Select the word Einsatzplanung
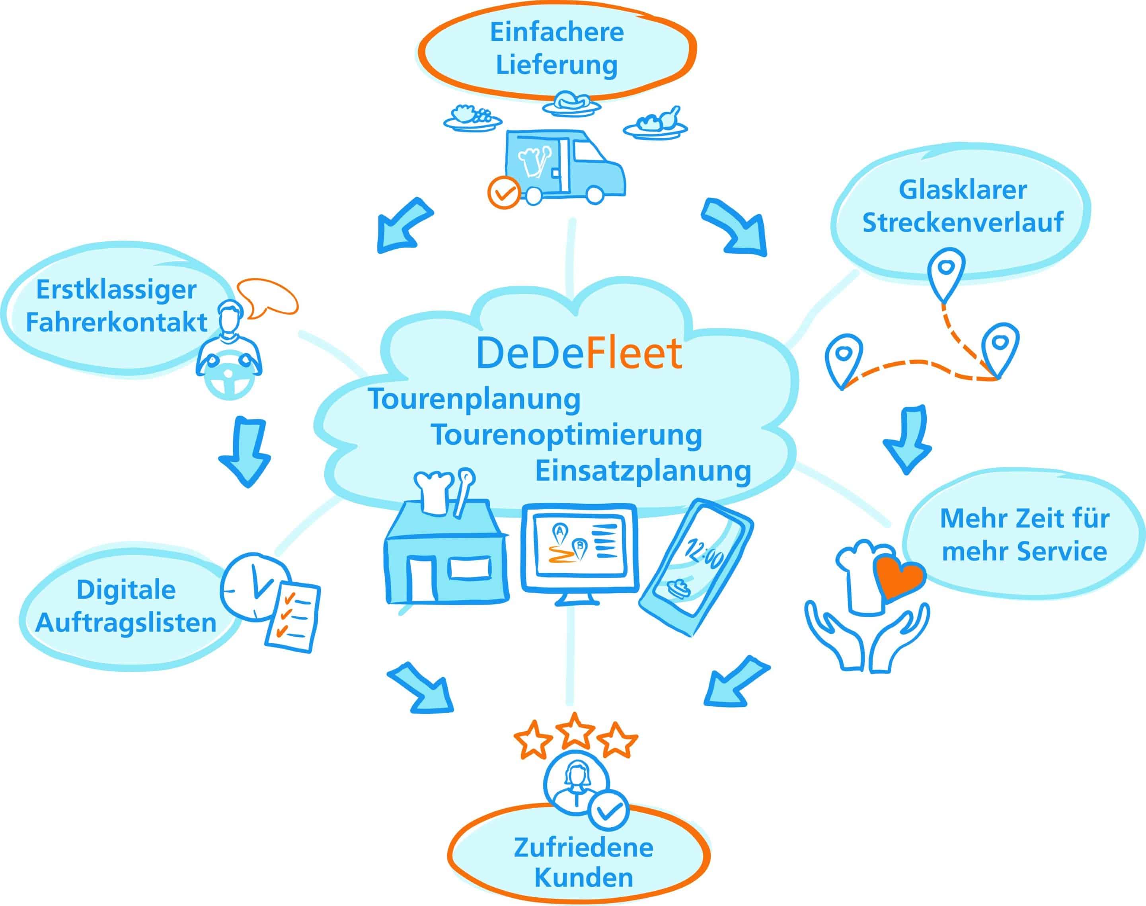pos(643,470)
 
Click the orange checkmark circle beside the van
pos(503,192)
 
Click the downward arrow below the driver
pos(245,451)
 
